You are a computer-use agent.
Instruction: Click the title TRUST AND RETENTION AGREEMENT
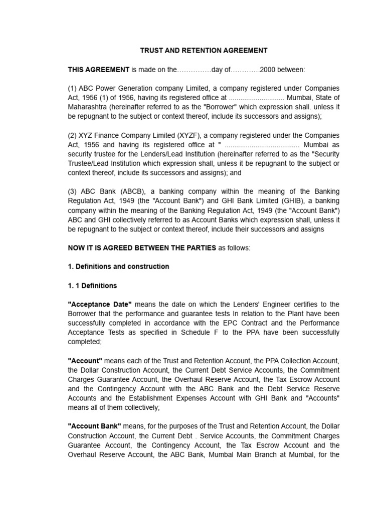(203, 51)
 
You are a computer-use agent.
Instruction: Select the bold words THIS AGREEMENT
(98, 70)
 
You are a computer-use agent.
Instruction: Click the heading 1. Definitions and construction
(118, 267)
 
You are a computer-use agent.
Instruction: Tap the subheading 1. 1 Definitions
(92, 286)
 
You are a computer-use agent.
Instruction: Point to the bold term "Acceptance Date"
(100, 304)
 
